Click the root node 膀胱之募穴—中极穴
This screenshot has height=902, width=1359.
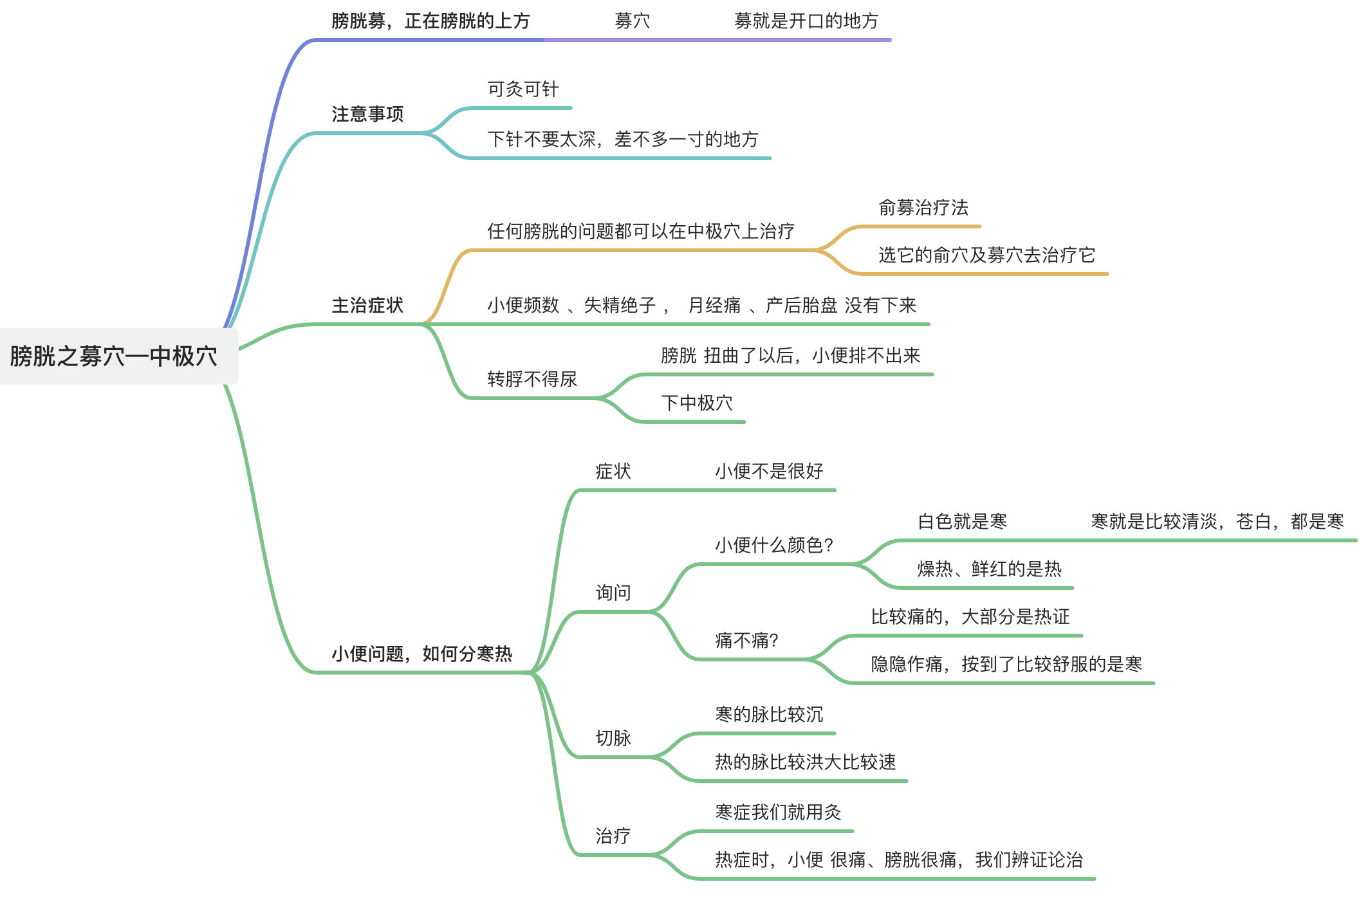tap(114, 356)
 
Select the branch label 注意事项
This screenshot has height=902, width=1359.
tap(367, 115)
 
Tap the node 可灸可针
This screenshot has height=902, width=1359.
tap(522, 89)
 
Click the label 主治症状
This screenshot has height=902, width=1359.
tap(367, 306)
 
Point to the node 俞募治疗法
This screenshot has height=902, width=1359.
tap(923, 208)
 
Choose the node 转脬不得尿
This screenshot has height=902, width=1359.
tap(532, 380)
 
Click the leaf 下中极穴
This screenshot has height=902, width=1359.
tap(697, 403)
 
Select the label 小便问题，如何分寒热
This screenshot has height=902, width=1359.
tap(421, 654)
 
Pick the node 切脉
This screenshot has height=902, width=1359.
tap(613, 739)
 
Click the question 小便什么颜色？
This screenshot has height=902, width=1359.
tap(774, 546)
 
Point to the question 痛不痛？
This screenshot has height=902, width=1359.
tap(746, 641)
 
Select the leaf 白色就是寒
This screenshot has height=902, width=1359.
tap(962, 522)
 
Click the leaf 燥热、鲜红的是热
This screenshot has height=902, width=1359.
tap(989, 569)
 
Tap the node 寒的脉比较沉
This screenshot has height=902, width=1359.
tap(769, 715)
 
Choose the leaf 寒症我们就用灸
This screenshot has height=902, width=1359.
tap(778, 813)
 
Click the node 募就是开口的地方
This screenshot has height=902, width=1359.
tap(806, 22)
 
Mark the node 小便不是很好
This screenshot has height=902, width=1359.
tap(769, 472)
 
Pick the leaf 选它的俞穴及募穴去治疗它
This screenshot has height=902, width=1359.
tap(986, 255)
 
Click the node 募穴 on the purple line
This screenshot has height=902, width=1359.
tap(632, 22)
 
